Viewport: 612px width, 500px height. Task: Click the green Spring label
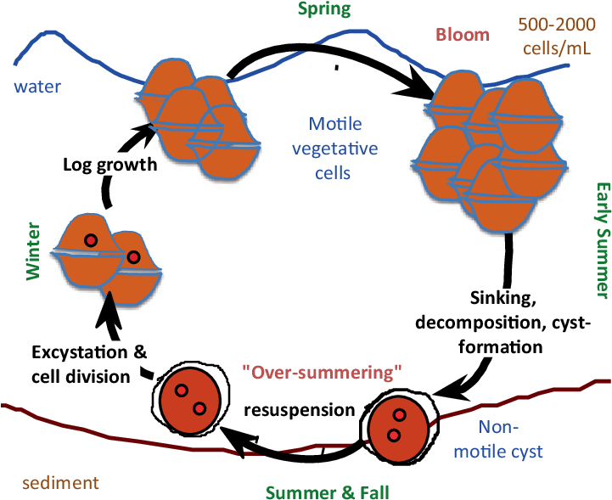325,10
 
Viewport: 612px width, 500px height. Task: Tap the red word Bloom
462,35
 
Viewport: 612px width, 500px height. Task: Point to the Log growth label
110,164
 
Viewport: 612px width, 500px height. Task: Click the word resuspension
298,410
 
